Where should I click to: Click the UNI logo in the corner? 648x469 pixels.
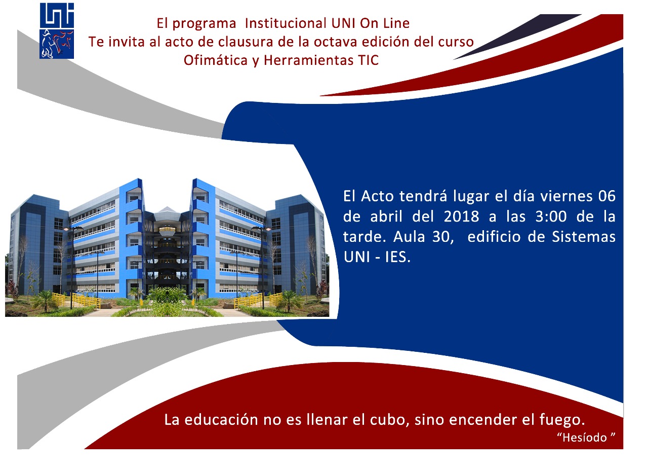[57, 31]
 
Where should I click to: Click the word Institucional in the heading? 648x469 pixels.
[286, 23]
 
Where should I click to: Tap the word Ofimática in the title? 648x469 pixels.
[216, 60]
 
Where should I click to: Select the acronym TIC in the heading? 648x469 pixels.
[368, 60]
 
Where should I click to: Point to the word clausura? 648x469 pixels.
[246, 42]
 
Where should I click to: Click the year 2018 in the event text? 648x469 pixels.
[461, 217]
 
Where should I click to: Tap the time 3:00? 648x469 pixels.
[550, 217]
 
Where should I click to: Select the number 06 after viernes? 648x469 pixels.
[606, 196]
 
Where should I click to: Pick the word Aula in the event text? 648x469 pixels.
[409, 237]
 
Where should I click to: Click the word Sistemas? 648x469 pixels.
[584, 237]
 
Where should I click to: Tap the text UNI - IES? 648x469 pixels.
[377, 257]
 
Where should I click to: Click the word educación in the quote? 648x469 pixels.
[221, 420]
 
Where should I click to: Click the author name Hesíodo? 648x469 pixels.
[586, 438]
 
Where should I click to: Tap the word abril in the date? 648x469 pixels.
[386, 217]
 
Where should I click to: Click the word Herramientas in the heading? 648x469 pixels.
[308, 60]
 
